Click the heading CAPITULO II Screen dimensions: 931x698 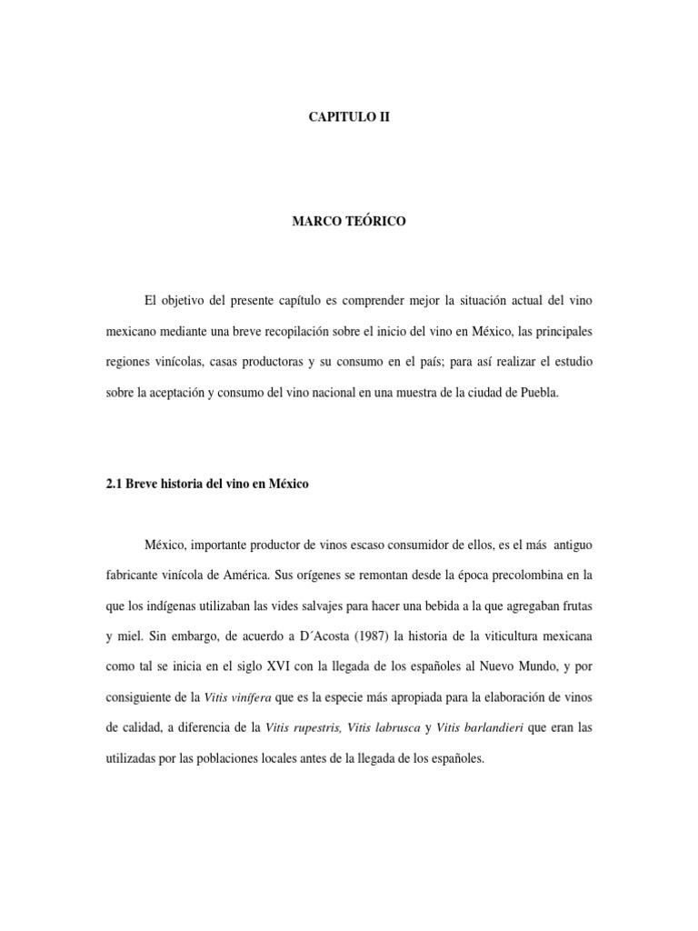click(x=349, y=117)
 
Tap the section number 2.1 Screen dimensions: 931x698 click(x=115, y=485)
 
